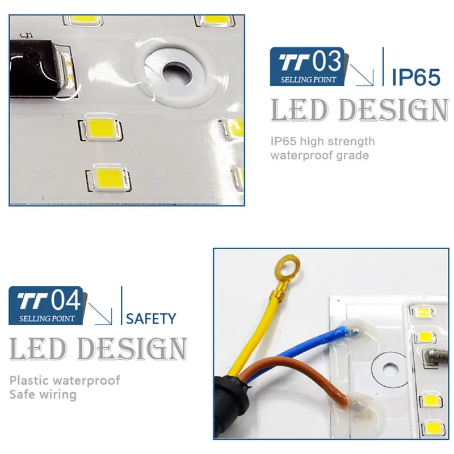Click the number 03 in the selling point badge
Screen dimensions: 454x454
pos(327,61)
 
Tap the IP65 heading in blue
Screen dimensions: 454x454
pos(416,77)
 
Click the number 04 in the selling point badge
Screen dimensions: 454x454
pos(66,300)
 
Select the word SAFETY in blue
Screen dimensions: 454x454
pos(151,319)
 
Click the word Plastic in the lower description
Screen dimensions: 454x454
pos(29,380)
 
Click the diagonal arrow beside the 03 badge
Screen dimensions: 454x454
pos(362,75)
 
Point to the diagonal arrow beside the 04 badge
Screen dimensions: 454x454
pos(100,314)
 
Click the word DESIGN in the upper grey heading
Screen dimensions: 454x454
pos(394,110)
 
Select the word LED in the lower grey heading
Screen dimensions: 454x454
pos(38,349)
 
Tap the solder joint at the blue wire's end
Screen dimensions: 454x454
pos(354,332)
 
